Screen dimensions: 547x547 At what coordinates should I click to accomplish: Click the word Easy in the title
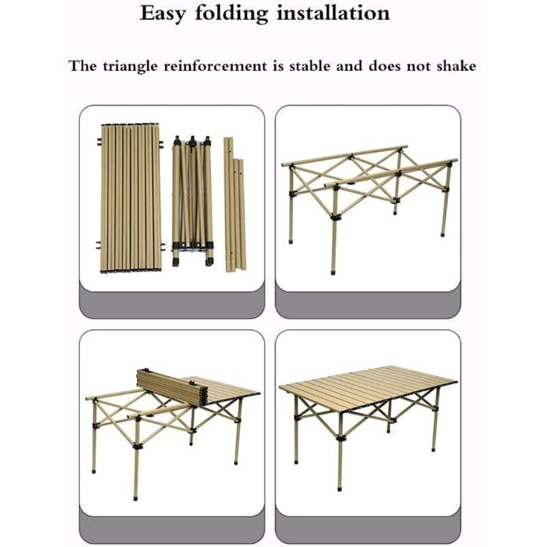(x=162, y=14)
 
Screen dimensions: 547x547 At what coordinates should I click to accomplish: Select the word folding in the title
(x=231, y=14)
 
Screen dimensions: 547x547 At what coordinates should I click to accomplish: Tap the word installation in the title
(x=333, y=13)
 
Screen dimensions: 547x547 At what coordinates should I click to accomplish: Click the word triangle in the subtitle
(x=130, y=66)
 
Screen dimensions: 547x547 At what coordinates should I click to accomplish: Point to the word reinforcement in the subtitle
(x=215, y=66)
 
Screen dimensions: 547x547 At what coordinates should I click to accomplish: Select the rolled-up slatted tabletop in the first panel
(x=131, y=198)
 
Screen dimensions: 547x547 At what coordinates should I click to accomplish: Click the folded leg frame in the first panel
(x=193, y=200)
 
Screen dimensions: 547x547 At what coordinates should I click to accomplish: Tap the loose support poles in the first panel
(x=234, y=205)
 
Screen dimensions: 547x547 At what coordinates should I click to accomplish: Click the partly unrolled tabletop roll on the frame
(x=173, y=387)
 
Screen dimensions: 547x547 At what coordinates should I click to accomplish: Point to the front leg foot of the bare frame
(x=334, y=271)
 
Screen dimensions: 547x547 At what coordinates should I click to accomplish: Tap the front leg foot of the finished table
(x=340, y=487)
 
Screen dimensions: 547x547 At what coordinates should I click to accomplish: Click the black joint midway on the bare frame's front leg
(x=335, y=217)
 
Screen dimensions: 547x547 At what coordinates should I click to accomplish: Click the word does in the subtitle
(x=383, y=66)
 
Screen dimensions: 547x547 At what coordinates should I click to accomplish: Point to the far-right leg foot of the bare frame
(x=443, y=234)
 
